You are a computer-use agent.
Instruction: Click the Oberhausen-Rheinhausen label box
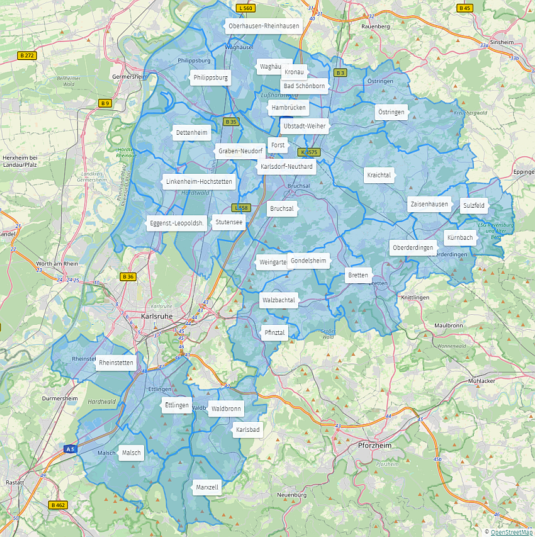[264, 26]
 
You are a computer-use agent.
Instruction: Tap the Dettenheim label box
[192, 132]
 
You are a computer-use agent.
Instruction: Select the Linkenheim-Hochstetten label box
[200, 182]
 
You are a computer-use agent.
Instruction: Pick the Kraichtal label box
[379, 175]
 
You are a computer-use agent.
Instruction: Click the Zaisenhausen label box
[429, 205]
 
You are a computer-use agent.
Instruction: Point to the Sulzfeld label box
[474, 205]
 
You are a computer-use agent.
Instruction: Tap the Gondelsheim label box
[308, 261]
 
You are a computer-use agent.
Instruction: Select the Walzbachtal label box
[278, 300]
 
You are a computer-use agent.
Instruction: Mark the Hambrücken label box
[289, 108]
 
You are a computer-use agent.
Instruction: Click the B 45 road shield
[465, 8]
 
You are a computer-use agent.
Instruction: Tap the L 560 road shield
[245, 8]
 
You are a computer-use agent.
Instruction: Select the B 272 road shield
[27, 55]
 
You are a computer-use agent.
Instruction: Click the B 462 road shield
[58, 505]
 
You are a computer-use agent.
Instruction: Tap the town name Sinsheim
[502, 42]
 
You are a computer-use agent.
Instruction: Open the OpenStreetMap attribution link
[511, 533]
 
